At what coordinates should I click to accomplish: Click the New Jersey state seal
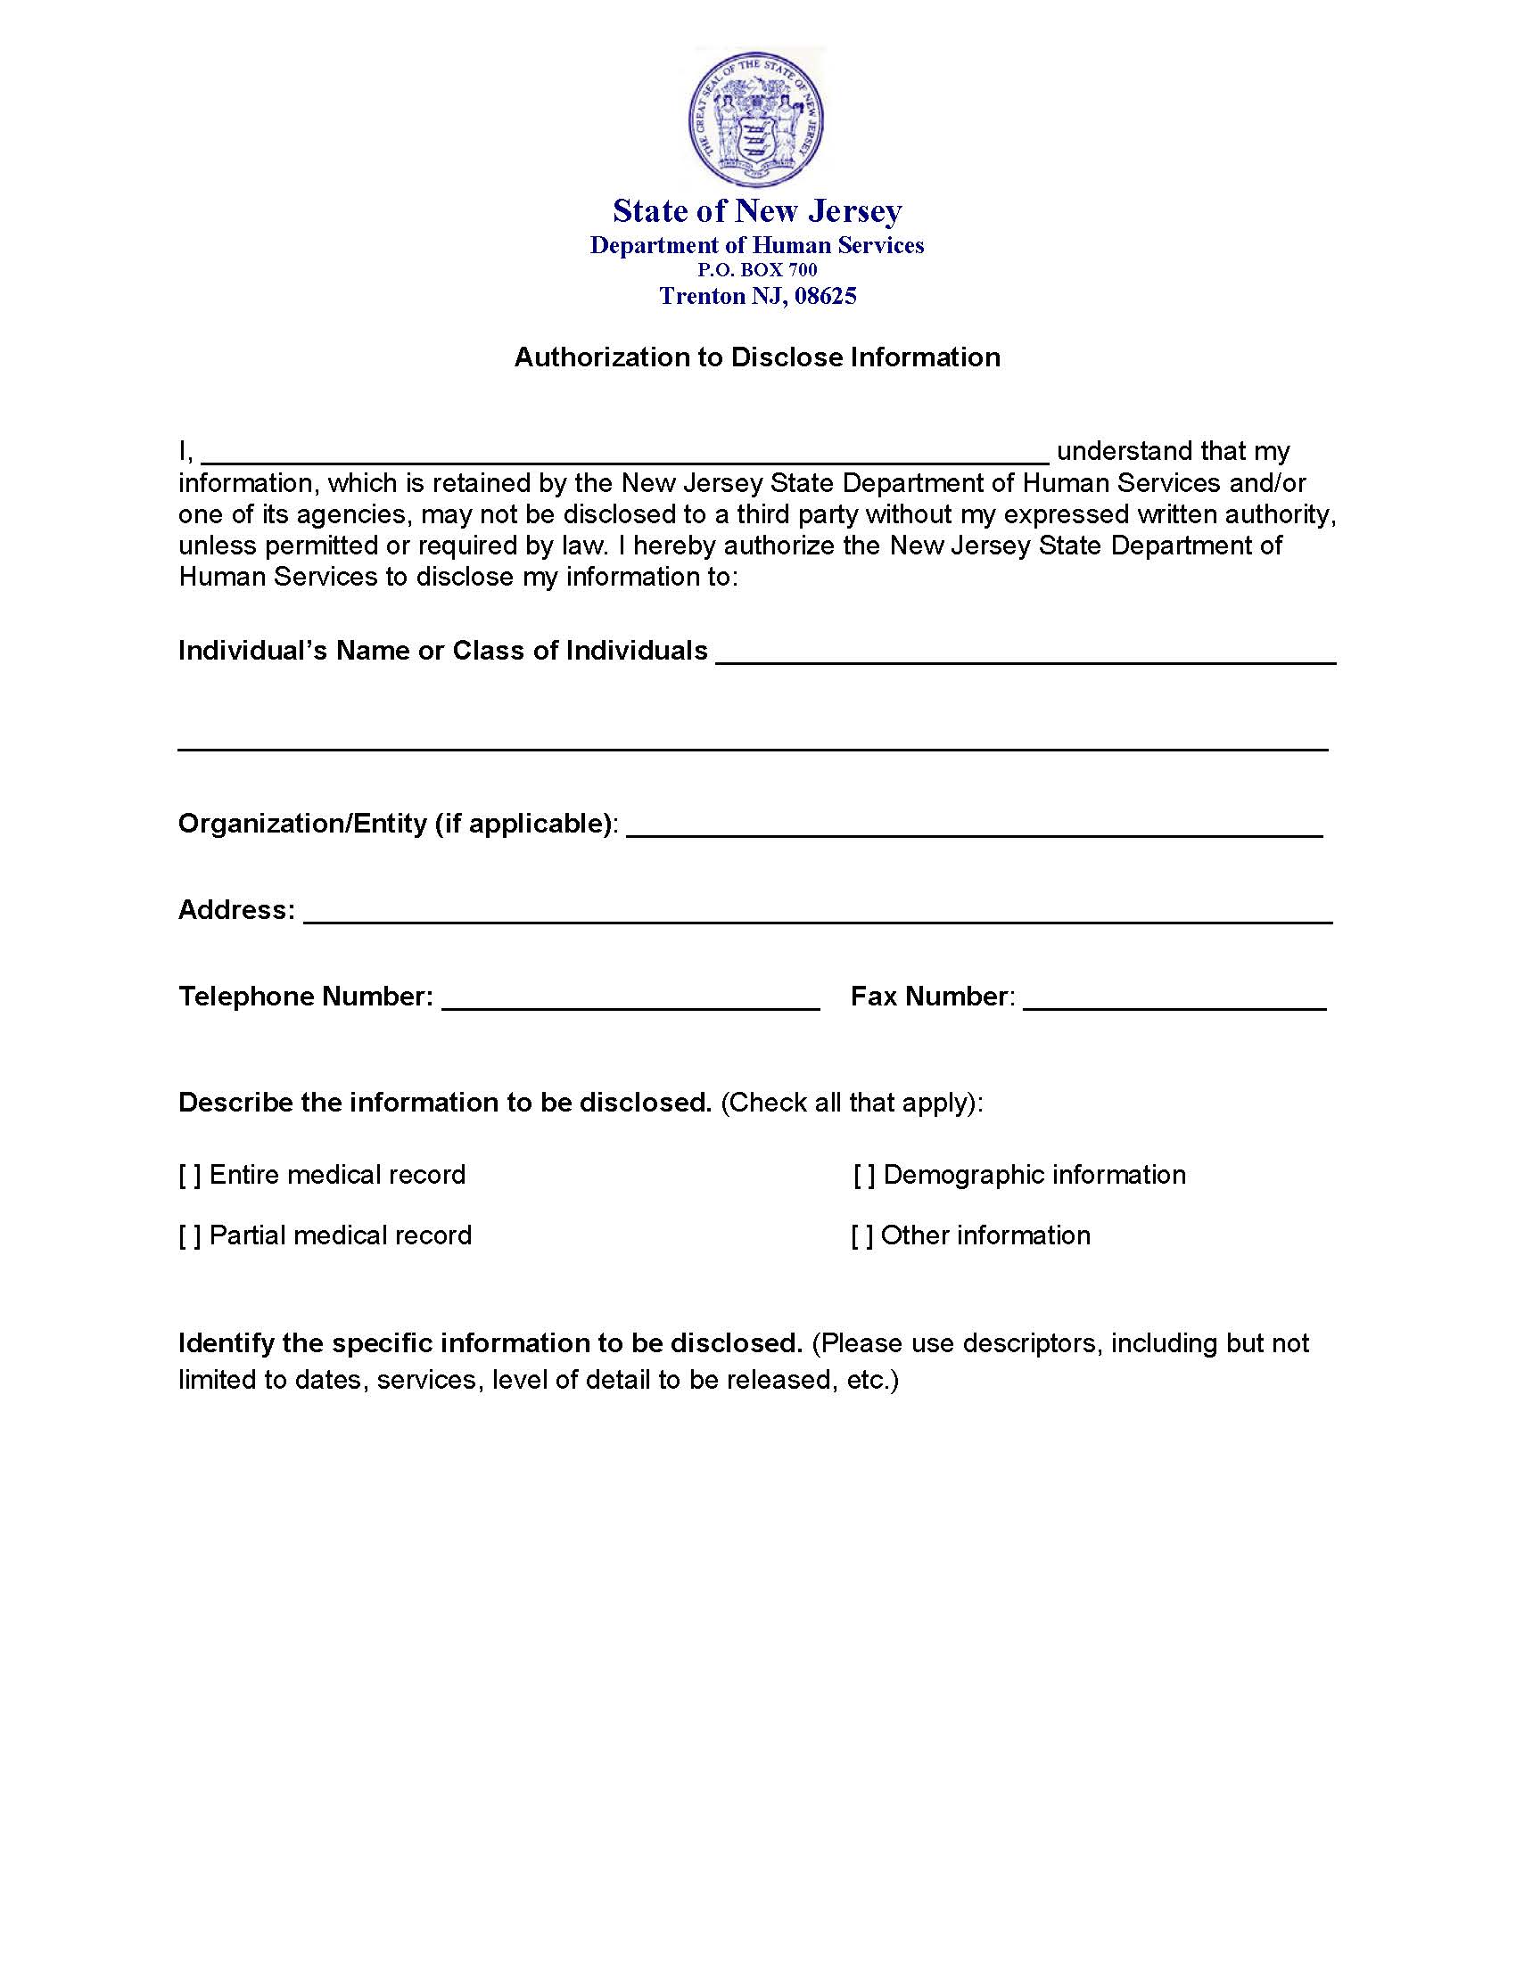[756, 118]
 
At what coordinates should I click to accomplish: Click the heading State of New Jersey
[757, 211]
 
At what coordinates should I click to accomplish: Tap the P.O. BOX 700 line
[757, 269]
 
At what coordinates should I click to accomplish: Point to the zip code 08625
[826, 296]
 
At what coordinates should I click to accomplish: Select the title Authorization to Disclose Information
[757, 357]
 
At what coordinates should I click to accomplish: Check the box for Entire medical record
[189, 1176]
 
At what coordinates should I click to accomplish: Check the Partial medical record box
[189, 1236]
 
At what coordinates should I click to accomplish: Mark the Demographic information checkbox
[864, 1176]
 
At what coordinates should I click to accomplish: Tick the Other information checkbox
[862, 1236]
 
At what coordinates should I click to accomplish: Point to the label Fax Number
[932, 997]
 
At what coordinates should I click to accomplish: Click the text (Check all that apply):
[852, 1103]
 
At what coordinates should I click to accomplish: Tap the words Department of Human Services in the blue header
[757, 245]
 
